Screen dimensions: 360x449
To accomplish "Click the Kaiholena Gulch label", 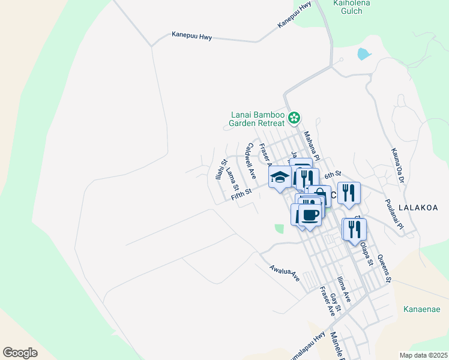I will coord(351,7).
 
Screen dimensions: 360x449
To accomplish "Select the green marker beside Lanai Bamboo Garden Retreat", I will coord(294,118).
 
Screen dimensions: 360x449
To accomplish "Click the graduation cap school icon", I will coord(280,176).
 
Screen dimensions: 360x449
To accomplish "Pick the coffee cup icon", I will coord(310,215).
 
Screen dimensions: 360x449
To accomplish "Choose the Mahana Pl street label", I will coord(313,146).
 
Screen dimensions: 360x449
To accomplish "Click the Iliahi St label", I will coord(221,169).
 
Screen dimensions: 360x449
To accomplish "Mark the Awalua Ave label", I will coord(284,274).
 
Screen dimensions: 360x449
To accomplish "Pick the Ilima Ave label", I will coord(344,289).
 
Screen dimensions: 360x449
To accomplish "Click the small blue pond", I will coord(364,54).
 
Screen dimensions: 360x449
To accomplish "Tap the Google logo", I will coord(20,352).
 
